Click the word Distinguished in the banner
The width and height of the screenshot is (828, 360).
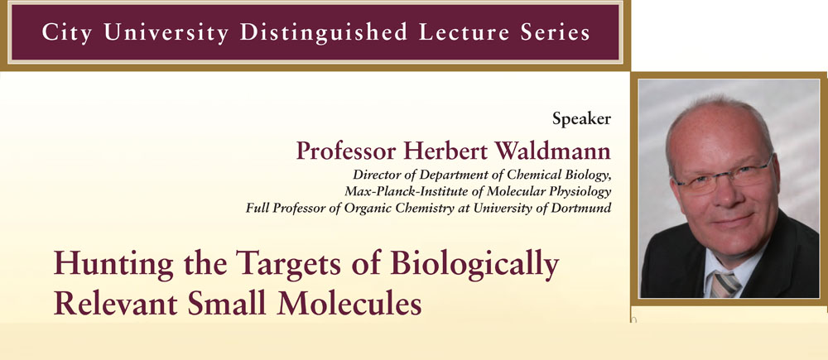coord(323,33)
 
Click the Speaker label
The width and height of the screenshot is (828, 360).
coord(581,119)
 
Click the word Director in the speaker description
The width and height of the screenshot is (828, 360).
coord(374,174)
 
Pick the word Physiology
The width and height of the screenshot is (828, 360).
coord(584,192)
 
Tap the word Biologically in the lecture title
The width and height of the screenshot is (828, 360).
coord(474,265)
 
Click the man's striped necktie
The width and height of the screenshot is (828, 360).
coord(725,284)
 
